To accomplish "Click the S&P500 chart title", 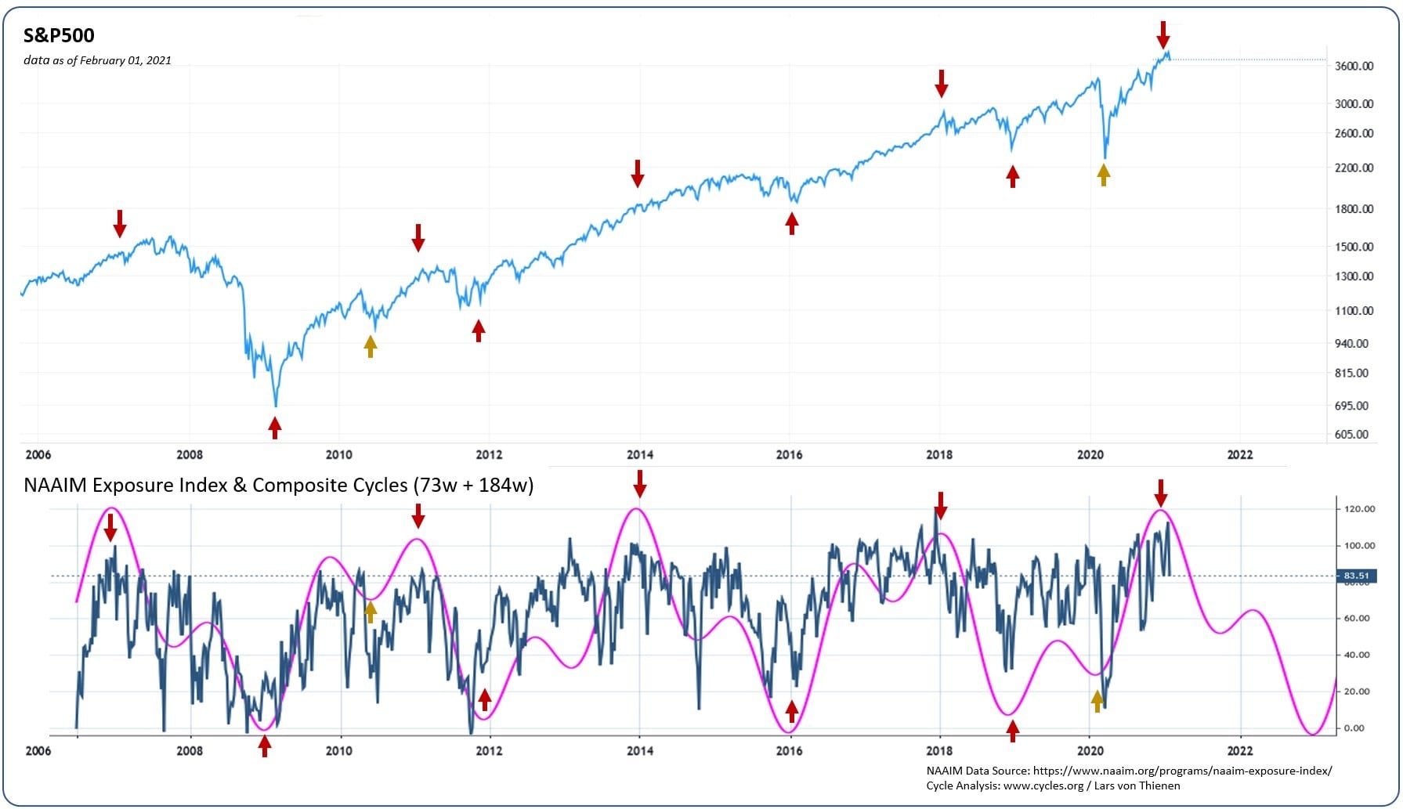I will (x=59, y=35).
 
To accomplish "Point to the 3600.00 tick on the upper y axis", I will (x=1354, y=66).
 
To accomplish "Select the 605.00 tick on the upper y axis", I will (x=1351, y=434).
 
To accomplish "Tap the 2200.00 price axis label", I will (x=1354, y=168).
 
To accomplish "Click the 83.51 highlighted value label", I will (x=1356, y=576).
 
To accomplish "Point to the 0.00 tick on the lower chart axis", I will (x=1354, y=728).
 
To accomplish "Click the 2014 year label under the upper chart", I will (x=639, y=454).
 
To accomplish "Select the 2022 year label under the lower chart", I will (x=1239, y=750).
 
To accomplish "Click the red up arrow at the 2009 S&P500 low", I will (x=274, y=428).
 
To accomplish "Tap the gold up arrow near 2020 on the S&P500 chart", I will (x=1103, y=174).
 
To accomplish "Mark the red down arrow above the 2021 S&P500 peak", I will (x=1163, y=35).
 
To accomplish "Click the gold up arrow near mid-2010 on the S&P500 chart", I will (x=371, y=345).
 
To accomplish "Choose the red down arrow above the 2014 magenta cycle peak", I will (x=640, y=483).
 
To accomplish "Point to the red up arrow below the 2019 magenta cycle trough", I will (x=1013, y=730).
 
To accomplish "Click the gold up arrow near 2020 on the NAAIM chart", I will (x=1097, y=701).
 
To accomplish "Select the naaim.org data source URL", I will (x=1182, y=771).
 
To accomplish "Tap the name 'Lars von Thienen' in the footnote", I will (x=1136, y=786).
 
